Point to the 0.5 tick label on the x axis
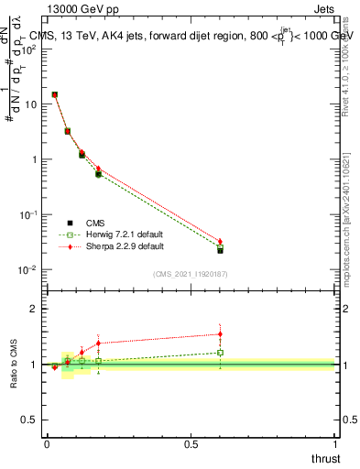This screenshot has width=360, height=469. (x=191, y=444)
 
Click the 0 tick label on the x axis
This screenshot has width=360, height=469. (x=47, y=444)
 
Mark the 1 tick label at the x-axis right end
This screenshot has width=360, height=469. (x=336, y=444)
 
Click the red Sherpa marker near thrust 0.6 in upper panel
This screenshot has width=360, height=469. (x=220, y=242)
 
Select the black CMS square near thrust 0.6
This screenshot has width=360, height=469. (x=220, y=250)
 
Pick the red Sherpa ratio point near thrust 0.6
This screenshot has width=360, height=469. (x=220, y=334)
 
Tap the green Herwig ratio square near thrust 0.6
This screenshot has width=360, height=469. (x=220, y=353)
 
